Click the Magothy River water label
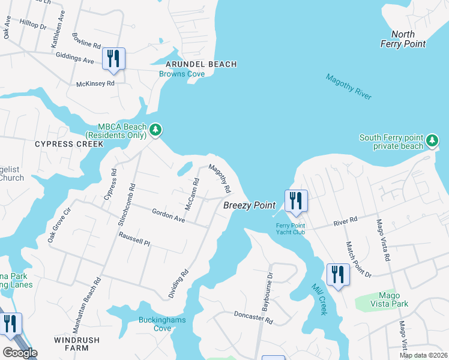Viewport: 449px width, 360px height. [x=349, y=86]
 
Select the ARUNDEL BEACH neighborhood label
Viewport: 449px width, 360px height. [x=201, y=64]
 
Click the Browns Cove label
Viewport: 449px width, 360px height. [x=182, y=74]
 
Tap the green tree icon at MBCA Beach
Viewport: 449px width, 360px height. [x=155, y=129]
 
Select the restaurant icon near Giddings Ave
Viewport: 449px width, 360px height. [x=113, y=58]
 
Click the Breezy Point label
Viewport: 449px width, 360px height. [x=249, y=205]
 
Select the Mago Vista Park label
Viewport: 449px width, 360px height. [x=385, y=299]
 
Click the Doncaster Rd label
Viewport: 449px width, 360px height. [x=253, y=317]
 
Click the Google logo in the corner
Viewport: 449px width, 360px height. [x=20, y=352]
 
